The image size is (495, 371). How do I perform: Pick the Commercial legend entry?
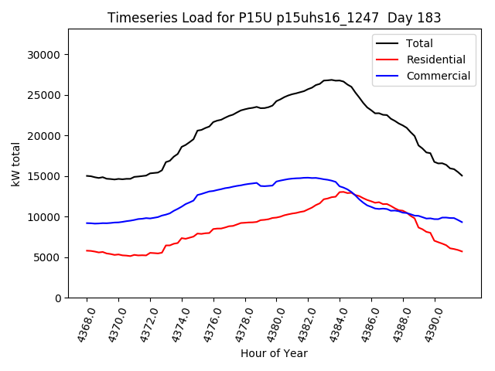[438, 76]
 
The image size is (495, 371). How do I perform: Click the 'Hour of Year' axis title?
[274, 353]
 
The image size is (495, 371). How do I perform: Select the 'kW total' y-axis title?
[16, 163]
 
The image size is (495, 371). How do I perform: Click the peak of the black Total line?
[331, 80]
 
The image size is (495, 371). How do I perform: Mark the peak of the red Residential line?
[342, 192]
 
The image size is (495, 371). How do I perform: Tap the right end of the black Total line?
[462, 175]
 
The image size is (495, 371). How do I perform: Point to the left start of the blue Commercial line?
[87, 223]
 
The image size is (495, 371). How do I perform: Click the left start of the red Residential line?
[87, 250]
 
